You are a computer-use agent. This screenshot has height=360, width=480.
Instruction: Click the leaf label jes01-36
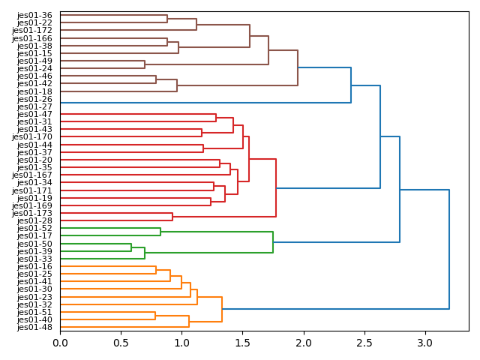coord(34,15)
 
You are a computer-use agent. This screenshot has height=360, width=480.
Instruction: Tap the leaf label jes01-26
coord(34,99)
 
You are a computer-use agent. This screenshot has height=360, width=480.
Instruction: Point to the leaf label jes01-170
coord(32,137)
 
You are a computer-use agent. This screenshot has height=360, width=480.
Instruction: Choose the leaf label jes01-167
coord(32,175)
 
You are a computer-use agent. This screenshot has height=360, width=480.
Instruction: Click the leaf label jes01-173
coord(32,214)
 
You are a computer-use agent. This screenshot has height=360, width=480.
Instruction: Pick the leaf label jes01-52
coord(34,229)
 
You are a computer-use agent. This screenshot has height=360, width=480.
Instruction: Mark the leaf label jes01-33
coord(34,259)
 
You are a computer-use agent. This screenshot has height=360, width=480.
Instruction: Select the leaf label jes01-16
coord(34,267)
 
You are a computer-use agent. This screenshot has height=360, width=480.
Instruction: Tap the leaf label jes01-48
coord(34,328)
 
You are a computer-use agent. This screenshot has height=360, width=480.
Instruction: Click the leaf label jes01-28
coord(34,221)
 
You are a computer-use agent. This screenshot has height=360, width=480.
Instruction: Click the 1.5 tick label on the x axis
coord(243,343)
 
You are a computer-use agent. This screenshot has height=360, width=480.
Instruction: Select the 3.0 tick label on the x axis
coord(425,343)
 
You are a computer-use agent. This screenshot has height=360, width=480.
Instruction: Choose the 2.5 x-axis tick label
coord(364,343)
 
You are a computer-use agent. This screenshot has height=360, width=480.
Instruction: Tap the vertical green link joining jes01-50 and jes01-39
coord(131,247)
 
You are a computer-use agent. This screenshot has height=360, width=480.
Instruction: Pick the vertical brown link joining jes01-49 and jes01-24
coord(145,64)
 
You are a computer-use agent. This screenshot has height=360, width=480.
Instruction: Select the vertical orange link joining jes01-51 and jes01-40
coord(155,316)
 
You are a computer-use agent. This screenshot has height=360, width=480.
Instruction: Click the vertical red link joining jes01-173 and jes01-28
coord(172,217)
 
